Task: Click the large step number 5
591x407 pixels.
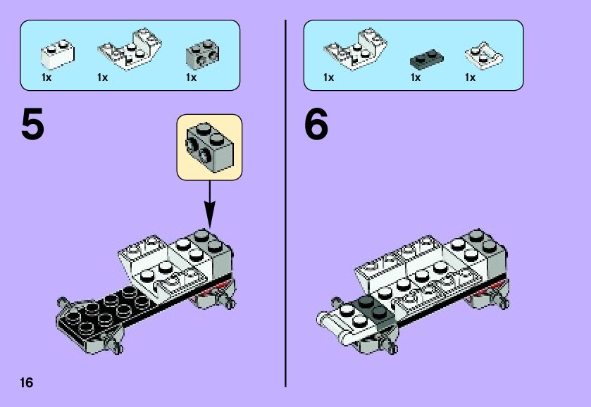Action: [33, 124]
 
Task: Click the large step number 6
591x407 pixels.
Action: [316, 124]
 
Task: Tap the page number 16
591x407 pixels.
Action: [27, 383]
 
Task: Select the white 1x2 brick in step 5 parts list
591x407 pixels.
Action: [58, 55]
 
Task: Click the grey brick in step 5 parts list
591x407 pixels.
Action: [202, 54]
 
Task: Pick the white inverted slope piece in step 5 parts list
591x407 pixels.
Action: [130, 49]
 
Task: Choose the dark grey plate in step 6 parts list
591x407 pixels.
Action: [426, 58]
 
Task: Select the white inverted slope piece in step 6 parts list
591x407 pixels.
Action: [355, 49]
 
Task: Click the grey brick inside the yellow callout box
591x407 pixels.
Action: [210, 147]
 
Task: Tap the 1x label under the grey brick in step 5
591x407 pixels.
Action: [191, 77]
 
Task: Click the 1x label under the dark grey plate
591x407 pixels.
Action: [416, 77]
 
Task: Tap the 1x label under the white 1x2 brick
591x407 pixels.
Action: [46, 77]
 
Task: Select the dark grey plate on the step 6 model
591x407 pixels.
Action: [373, 309]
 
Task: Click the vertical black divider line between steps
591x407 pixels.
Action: [286, 203]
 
